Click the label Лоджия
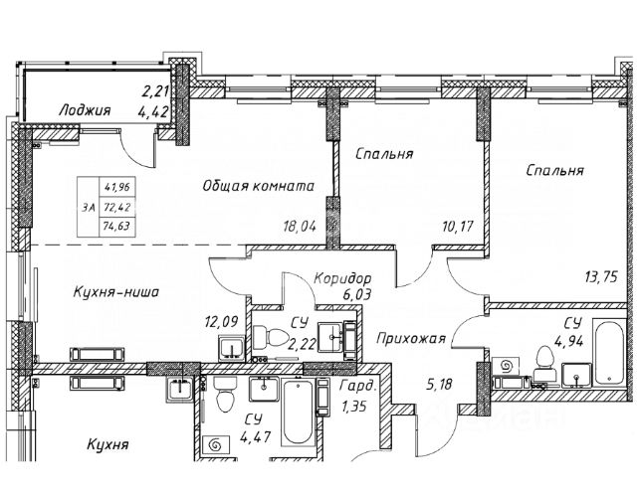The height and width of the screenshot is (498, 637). (x=84, y=110)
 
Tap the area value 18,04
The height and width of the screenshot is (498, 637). (x=301, y=226)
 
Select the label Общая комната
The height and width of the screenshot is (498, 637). (x=259, y=186)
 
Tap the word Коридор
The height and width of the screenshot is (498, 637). (x=341, y=280)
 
